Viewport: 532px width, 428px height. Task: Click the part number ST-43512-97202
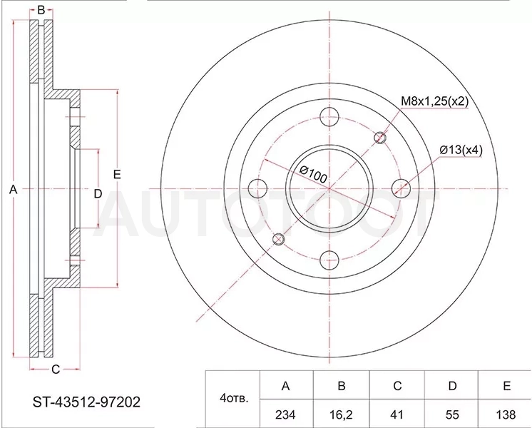[86, 402]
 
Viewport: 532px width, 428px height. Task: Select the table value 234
[285, 414]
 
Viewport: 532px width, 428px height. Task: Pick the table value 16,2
[342, 414]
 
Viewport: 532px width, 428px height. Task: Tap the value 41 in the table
[397, 414]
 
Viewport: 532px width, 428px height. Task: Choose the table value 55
[452, 414]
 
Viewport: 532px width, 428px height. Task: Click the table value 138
[506, 414]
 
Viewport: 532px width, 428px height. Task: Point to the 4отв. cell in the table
[234, 398]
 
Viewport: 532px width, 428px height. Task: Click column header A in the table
[286, 386]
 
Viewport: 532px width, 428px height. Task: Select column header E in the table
[506, 386]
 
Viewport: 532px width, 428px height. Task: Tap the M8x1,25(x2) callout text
[434, 101]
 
